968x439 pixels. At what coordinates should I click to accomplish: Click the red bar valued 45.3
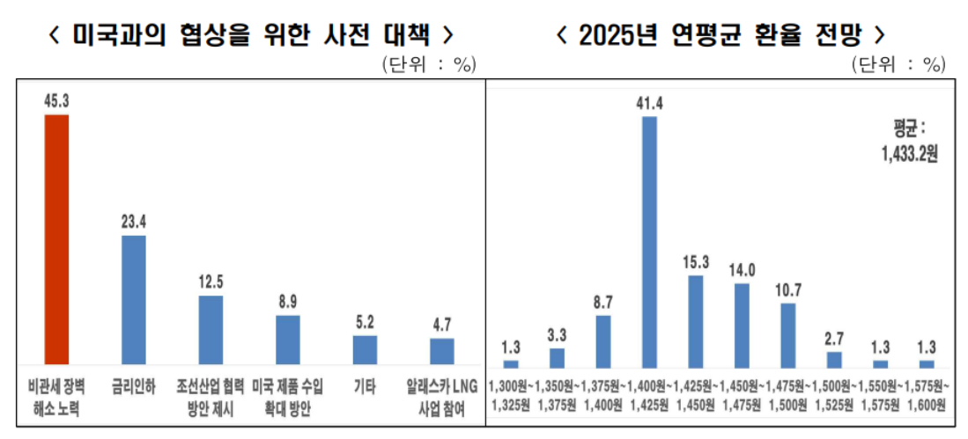tap(56, 238)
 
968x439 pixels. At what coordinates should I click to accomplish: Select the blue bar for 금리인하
tap(133, 299)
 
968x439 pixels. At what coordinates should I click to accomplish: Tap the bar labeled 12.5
tap(211, 329)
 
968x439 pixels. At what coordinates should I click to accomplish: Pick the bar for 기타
tap(365, 349)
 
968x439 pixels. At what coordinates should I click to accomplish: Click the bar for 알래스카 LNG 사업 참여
tap(442, 351)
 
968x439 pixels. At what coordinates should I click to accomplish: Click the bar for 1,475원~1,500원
tap(788, 334)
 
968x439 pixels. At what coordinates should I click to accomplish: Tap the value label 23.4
tap(133, 222)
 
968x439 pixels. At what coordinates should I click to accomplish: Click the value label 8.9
tap(288, 301)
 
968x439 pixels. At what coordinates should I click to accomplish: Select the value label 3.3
tap(557, 335)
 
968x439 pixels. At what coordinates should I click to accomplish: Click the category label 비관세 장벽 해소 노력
tap(55, 397)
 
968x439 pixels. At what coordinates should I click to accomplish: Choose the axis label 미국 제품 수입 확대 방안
tap(288, 397)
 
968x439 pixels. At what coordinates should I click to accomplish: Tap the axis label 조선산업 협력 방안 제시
tap(211, 397)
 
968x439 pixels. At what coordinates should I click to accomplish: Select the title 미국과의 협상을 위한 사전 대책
tap(251, 34)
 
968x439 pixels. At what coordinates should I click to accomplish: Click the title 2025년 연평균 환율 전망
tap(720, 34)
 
